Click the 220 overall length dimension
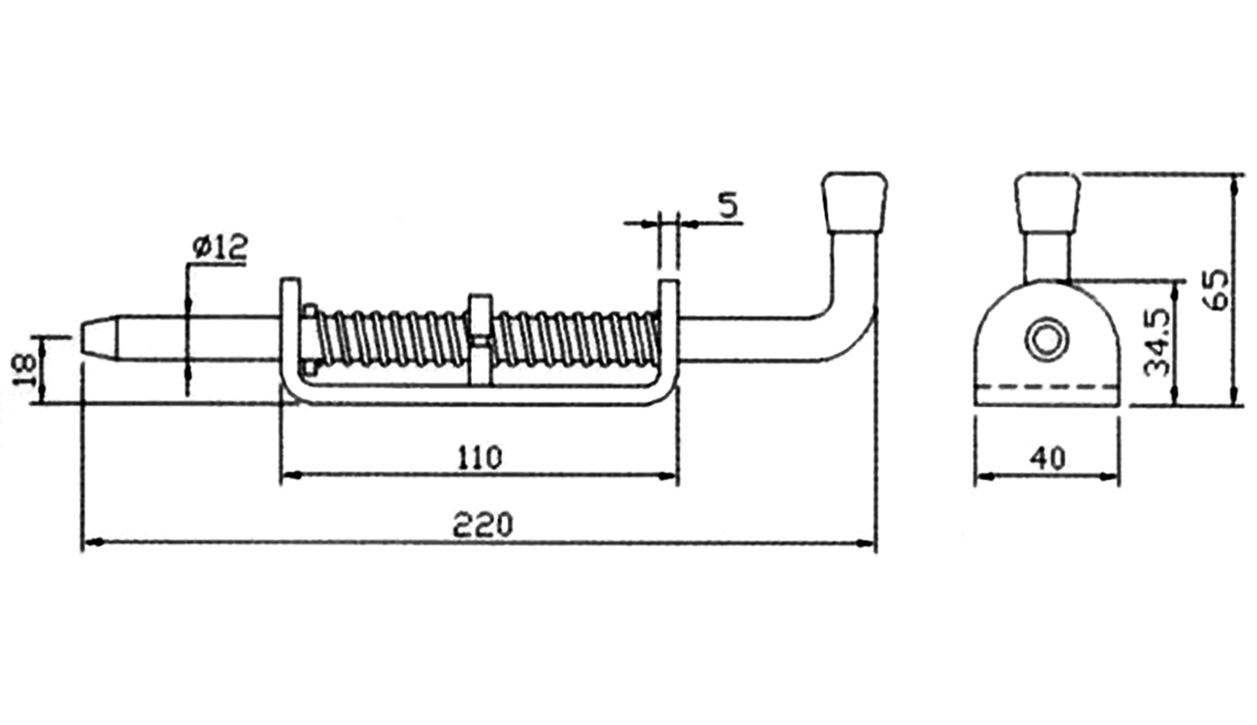click(482, 524)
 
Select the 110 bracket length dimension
click(479, 457)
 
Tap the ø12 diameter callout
click(220, 247)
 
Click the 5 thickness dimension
click(728, 205)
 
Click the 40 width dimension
click(1047, 459)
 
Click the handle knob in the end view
click(1047, 202)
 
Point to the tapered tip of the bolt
click(100, 338)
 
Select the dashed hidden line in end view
click(1047, 386)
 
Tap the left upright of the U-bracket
click(289, 332)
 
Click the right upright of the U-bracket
click(669, 332)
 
